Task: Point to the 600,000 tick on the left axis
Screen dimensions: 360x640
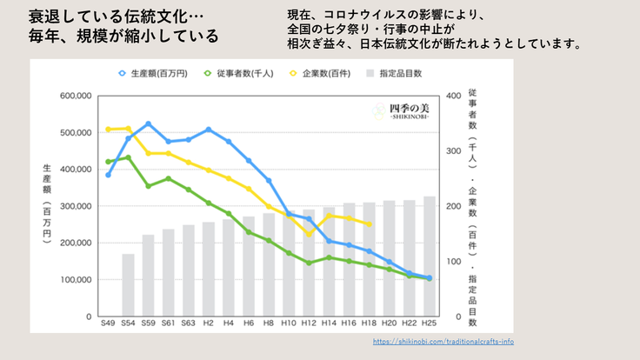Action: (74, 97)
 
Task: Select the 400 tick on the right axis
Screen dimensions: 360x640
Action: (452, 97)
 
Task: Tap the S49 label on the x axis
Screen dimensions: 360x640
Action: (108, 323)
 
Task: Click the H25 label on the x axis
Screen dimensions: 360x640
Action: (430, 323)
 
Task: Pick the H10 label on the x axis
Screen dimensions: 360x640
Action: (289, 323)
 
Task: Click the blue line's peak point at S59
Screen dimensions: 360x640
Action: (149, 123)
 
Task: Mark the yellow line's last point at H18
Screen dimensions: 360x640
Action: (370, 224)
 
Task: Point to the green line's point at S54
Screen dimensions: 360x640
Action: (129, 157)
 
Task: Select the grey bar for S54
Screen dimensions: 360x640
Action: (129, 285)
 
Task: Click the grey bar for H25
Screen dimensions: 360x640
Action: (430, 257)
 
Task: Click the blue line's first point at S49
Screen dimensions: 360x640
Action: (109, 175)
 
